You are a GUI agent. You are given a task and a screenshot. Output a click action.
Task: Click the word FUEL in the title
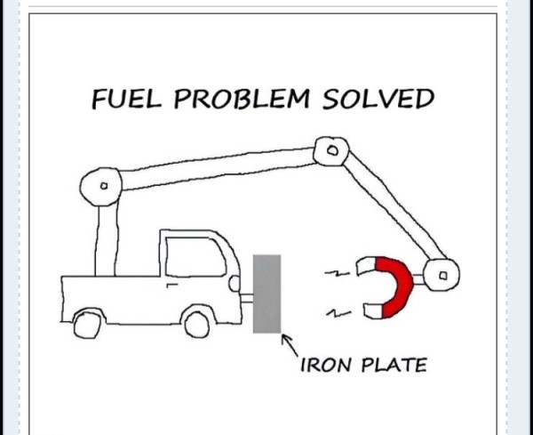pyautogui.click(x=126, y=99)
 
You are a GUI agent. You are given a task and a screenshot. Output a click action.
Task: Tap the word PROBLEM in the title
pyautogui.click(x=242, y=99)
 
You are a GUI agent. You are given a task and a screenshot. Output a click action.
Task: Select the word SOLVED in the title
pyautogui.click(x=378, y=99)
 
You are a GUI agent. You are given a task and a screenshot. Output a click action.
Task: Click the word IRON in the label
pyautogui.click(x=325, y=365)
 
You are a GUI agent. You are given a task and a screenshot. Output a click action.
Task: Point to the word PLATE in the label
pyautogui.click(x=394, y=365)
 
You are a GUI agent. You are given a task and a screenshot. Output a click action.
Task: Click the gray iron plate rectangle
pyautogui.click(x=266, y=294)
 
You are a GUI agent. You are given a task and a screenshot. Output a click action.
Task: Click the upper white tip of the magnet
pyautogui.click(x=366, y=266)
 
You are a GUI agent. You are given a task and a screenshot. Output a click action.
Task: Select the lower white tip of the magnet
pyautogui.click(x=373, y=310)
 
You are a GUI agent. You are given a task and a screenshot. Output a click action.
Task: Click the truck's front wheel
pyautogui.click(x=197, y=325)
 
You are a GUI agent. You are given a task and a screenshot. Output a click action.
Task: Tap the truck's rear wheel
pyautogui.click(x=87, y=325)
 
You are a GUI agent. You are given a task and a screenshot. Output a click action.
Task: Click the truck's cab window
pyautogui.click(x=195, y=257)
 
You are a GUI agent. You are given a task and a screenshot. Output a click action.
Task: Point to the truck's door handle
pyautogui.click(x=172, y=285)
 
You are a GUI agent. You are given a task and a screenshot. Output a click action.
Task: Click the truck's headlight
pyautogui.click(x=235, y=283)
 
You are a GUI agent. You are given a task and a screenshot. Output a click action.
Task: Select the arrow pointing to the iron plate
pyautogui.click(x=290, y=345)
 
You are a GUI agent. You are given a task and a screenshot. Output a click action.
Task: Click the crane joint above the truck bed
pyautogui.click(x=101, y=187)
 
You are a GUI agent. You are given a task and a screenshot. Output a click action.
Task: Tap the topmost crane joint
pyautogui.click(x=331, y=151)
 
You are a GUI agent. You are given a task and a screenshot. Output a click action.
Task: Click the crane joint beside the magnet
pyautogui.click(x=442, y=275)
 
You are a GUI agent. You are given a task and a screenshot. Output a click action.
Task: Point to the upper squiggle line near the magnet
pyautogui.click(x=338, y=273)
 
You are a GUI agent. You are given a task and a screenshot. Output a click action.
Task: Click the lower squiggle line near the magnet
pyautogui.click(x=338, y=313)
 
